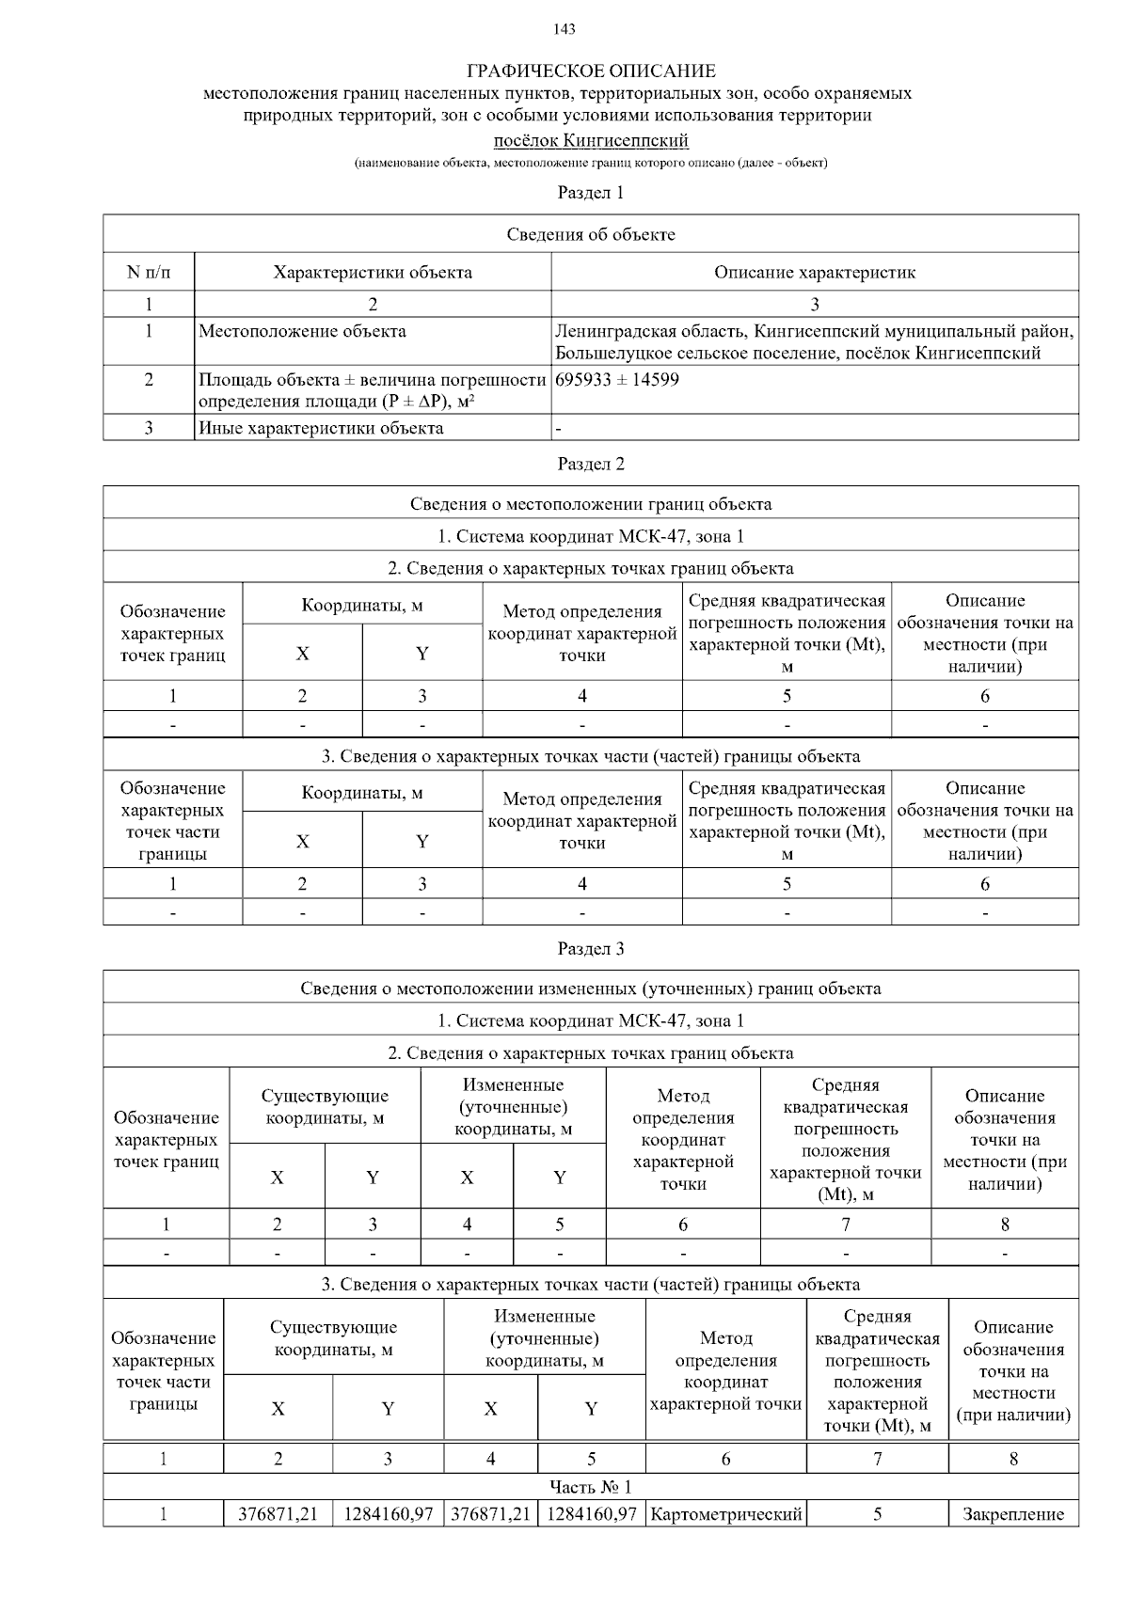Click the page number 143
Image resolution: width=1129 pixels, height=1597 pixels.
[564, 29]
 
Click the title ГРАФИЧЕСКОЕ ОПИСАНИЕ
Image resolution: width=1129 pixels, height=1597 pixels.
[591, 71]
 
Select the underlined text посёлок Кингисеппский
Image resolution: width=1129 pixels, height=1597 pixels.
[591, 141]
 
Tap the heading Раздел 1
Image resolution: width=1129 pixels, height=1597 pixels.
[591, 193]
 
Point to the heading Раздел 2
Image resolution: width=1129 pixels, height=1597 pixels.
[591, 464]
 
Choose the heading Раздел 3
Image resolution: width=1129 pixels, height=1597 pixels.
[591, 948]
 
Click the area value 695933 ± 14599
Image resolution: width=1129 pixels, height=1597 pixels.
[617, 380]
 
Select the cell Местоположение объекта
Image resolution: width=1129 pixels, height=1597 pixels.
[302, 331]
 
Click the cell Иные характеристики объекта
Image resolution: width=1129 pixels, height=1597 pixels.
[321, 428]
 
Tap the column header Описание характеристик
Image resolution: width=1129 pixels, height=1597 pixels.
[814, 273]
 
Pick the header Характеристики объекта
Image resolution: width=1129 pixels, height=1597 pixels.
[373, 273]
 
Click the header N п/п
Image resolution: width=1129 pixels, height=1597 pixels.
[149, 273]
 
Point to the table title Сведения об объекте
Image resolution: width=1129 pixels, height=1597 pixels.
[591, 234]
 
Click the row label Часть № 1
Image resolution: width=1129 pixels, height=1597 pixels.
[591, 1486]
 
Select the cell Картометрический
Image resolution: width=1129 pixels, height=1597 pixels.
[725, 1514]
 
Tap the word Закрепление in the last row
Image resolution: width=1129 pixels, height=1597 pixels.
[1013, 1514]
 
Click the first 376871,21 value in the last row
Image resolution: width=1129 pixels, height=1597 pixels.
[278, 1514]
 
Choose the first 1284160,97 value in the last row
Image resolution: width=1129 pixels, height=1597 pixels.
[388, 1514]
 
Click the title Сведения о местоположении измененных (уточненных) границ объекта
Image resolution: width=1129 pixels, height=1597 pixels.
[591, 988]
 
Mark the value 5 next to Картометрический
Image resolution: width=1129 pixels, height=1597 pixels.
[877, 1514]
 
